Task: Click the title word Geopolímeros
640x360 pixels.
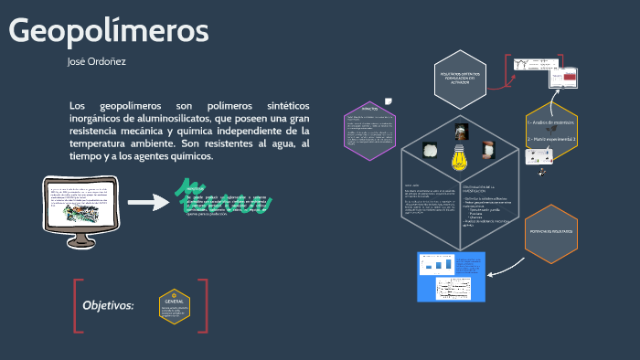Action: tap(109, 31)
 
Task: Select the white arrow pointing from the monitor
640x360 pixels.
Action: tap(146, 201)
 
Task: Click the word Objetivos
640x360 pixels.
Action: tap(108, 305)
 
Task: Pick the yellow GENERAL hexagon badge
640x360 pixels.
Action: tap(174, 306)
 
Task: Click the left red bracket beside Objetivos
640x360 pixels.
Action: tap(79, 305)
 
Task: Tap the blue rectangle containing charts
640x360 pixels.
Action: tap(450, 275)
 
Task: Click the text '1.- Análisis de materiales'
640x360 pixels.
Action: tap(550, 122)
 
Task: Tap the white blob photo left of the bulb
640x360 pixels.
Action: tap(426, 150)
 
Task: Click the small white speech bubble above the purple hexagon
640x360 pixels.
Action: tap(390, 101)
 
